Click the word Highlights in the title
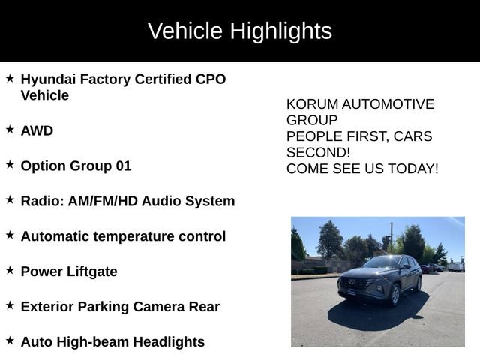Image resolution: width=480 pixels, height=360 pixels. click(x=280, y=31)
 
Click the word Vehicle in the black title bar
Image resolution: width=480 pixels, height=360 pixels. click(x=185, y=31)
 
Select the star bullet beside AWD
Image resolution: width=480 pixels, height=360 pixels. click(x=10, y=130)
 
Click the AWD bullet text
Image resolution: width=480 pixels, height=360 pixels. click(x=37, y=130)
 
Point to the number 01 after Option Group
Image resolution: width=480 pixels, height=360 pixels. click(x=123, y=166)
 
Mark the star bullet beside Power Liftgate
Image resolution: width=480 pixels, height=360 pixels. click(x=10, y=270)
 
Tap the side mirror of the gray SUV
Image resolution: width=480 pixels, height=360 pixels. click(x=404, y=268)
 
